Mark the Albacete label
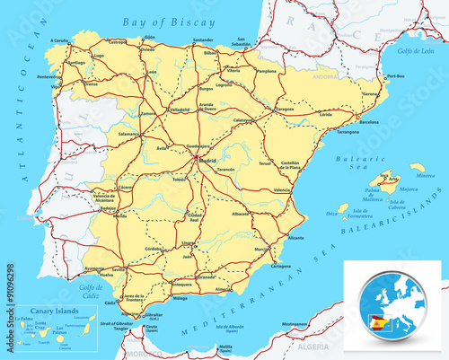click(x=240, y=215)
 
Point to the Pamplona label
click(x=266, y=70)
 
